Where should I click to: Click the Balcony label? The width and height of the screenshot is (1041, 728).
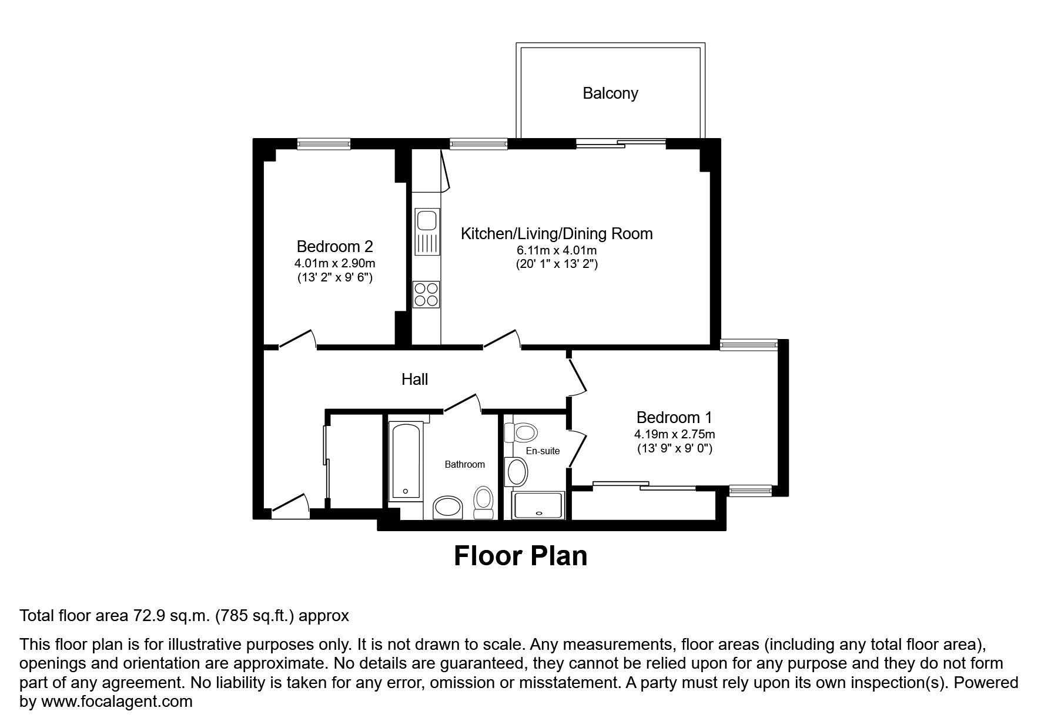pos(610,93)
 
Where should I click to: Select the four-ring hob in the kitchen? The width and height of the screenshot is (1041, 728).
pos(426,294)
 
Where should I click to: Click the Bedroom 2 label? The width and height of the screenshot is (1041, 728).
pos(334,246)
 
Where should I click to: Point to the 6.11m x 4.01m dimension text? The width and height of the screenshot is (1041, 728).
pos(556,250)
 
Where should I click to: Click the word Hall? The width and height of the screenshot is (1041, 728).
pos(414,380)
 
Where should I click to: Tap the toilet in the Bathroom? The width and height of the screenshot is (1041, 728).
pos(484,502)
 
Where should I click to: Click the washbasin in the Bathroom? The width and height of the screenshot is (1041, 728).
pos(448,507)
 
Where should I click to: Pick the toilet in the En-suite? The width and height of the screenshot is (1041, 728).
pos(523,433)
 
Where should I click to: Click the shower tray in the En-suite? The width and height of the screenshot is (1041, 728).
pos(538,505)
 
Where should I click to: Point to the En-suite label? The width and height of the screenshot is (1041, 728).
pos(543,451)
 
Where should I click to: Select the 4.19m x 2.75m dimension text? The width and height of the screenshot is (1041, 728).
pos(674,435)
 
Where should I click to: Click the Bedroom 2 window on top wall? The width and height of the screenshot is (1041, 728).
pos(324,143)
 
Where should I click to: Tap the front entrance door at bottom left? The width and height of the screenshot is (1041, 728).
pos(290,504)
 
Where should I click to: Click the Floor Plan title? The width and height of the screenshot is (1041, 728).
pos(520,556)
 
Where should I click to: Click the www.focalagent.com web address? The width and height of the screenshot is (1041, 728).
pos(115,702)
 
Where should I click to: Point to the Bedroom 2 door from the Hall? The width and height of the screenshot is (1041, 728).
pos(297,339)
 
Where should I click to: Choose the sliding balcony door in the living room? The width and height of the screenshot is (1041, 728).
pos(621,142)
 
